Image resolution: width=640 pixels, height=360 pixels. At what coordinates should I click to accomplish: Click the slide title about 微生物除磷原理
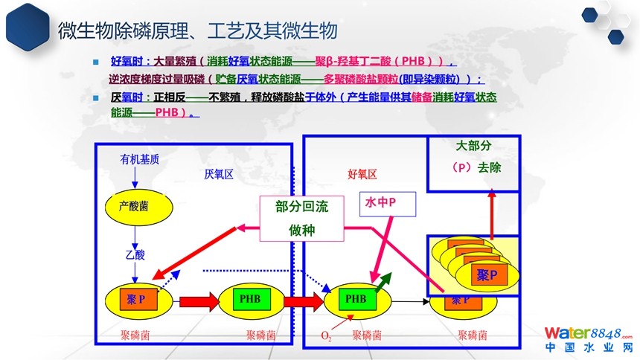198,31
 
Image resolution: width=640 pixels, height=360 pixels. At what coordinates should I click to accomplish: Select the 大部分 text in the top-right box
474,147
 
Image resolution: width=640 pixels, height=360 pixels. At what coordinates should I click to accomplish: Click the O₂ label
326,337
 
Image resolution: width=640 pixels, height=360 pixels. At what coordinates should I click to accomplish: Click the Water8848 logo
587,332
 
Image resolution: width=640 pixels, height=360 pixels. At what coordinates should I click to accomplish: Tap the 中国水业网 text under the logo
588,347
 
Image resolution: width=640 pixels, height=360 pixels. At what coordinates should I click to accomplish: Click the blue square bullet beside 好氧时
95,62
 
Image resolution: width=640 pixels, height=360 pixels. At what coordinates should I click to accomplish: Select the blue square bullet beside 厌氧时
95,98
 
